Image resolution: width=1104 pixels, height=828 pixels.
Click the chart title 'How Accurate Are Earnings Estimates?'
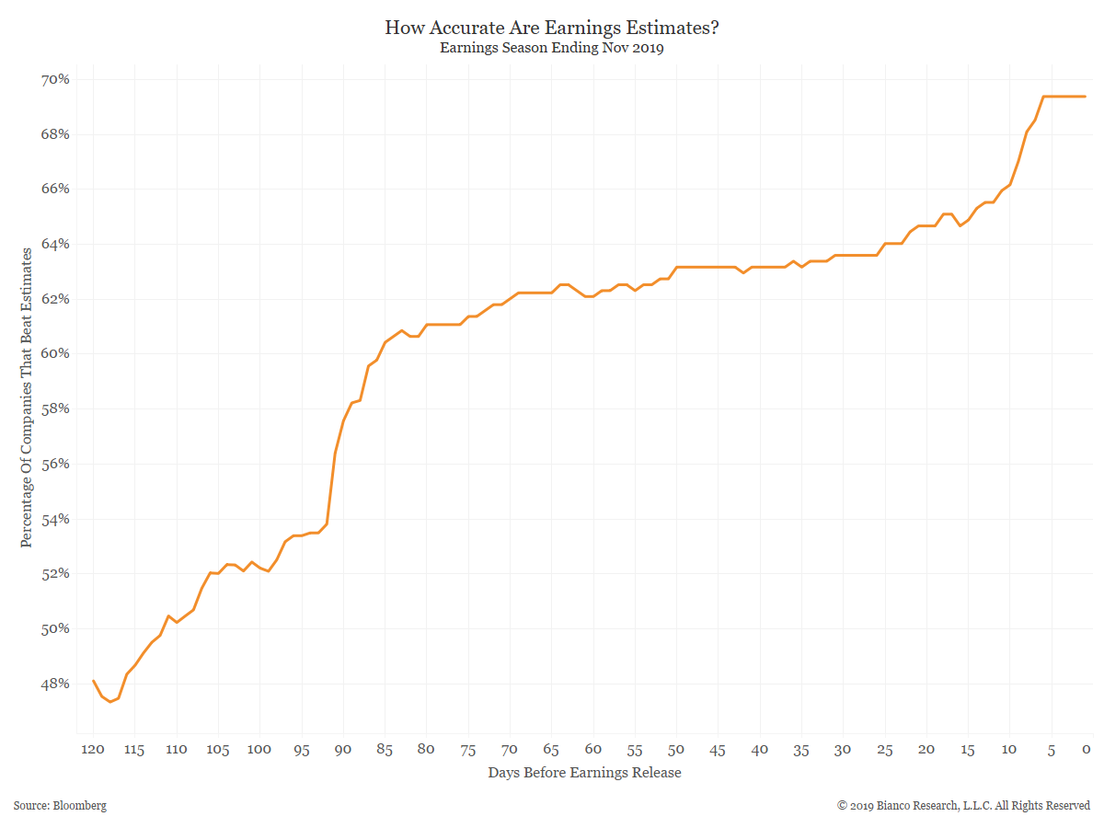click(552, 28)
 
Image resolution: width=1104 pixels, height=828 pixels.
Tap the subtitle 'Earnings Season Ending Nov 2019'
click(552, 49)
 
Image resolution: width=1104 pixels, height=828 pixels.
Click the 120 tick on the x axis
click(93, 750)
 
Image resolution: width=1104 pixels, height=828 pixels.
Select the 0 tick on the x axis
click(1086, 750)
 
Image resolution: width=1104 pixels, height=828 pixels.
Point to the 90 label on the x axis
click(342, 750)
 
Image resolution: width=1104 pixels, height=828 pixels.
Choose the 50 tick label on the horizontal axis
click(676, 750)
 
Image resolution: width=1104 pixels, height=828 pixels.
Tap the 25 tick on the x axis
click(884, 750)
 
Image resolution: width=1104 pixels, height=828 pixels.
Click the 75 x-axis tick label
click(467, 750)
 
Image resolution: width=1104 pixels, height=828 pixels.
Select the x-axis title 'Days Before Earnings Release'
click(584, 773)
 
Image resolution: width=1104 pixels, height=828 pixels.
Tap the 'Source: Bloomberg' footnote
click(60, 806)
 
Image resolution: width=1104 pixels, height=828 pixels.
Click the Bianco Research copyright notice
click(963, 806)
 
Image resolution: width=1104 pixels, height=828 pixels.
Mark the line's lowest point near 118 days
click(109, 702)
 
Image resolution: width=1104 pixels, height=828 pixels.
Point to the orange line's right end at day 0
click(1086, 97)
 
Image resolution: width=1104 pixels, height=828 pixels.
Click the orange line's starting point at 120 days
click(94, 681)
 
